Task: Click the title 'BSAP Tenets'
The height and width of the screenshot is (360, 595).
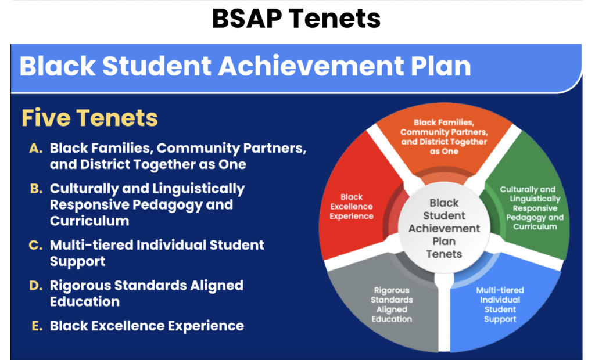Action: click(x=296, y=19)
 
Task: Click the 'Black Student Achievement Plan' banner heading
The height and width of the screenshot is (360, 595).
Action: click(x=245, y=66)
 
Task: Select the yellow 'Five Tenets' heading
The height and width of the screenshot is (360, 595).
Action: click(x=89, y=118)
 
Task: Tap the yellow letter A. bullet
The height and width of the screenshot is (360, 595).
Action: click(x=35, y=148)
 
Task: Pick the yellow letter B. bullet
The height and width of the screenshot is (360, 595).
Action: click(x=36, y=189)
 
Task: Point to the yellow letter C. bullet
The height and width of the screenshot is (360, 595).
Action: click(x=35, y=246)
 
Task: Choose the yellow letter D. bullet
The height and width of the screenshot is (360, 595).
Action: click(x=36, y=286)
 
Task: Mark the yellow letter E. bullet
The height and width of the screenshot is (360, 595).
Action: click(x=37, y=326)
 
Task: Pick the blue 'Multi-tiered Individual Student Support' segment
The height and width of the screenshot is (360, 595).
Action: click(x=501, y=304)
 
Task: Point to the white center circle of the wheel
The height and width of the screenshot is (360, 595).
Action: click(x=444, y=228)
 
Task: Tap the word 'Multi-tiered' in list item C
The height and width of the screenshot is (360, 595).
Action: click(x=91, y=245)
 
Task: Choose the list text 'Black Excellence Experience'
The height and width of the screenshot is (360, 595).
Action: click(x=147, y=326)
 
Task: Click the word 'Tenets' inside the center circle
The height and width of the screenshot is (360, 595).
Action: click(x=444, y=254)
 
